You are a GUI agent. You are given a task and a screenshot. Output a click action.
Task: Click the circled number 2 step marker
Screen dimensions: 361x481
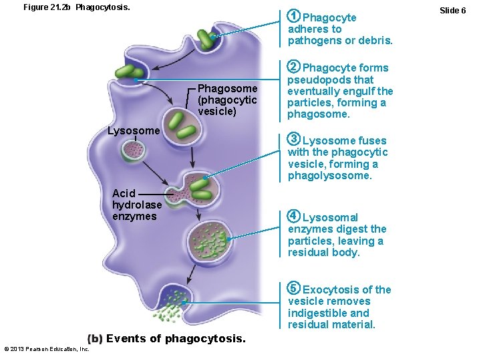pyautogui.click(x=293, y=67)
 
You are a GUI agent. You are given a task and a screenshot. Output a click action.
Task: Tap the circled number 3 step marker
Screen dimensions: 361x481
pyautogui.click(x=293, y=140)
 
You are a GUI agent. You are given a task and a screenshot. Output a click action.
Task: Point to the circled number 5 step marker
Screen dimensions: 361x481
pyautogui.click(x=293, y=289)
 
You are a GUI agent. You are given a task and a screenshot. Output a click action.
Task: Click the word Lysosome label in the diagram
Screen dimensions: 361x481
pyautogui.click(x=134, y=130)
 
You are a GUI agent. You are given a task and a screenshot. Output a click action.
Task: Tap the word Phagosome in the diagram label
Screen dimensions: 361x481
pyautogui.click(x=227, y=89)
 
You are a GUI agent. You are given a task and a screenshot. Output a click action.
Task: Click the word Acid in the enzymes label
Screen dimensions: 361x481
pyautogui.click(x=124, y=193)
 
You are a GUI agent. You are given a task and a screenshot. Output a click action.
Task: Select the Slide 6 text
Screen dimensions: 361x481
pyautogui.click(x=453, y=10)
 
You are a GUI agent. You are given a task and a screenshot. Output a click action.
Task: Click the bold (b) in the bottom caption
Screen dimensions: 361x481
pyautogui.click(x=95, y=338)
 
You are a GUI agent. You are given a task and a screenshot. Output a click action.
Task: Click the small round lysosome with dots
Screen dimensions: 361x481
pyautogui.click(x=133, y=151)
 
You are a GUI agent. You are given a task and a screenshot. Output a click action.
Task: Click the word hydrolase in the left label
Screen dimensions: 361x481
pyautogui.click(x=137, y=205)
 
